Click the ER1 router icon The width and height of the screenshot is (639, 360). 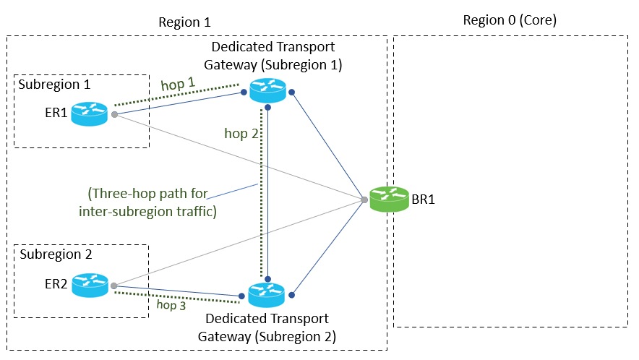pyautogui.click(x=90, y=113)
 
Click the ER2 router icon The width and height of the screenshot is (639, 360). pyautogui.click(x=90, y=286)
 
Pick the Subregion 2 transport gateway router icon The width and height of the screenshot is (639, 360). pyautogui.click(x=267, y=295)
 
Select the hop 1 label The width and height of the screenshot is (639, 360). pyautogui.click(x=178, y=85)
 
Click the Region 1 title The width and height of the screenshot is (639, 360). pyautogui.click(x=184, y=22)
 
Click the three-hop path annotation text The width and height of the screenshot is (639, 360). pyautogui.click(x=150, y=203)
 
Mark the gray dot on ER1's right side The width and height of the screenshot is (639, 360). pyautogui.click(x=114, y=114)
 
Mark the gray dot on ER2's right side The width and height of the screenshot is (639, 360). pyautogui.click(x=114, y=286)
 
